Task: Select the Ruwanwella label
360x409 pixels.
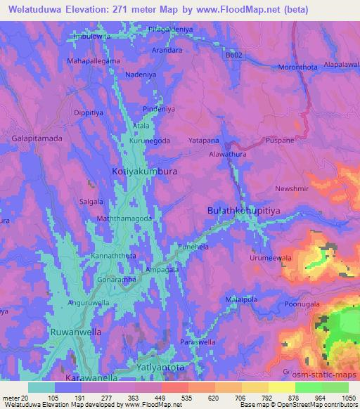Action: click(x=72, y=330)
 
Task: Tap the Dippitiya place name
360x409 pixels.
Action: click(x=88, y=112)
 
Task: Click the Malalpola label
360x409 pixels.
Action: click(x=240, y=299)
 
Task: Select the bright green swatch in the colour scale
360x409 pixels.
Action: click(x=309, y=387)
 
